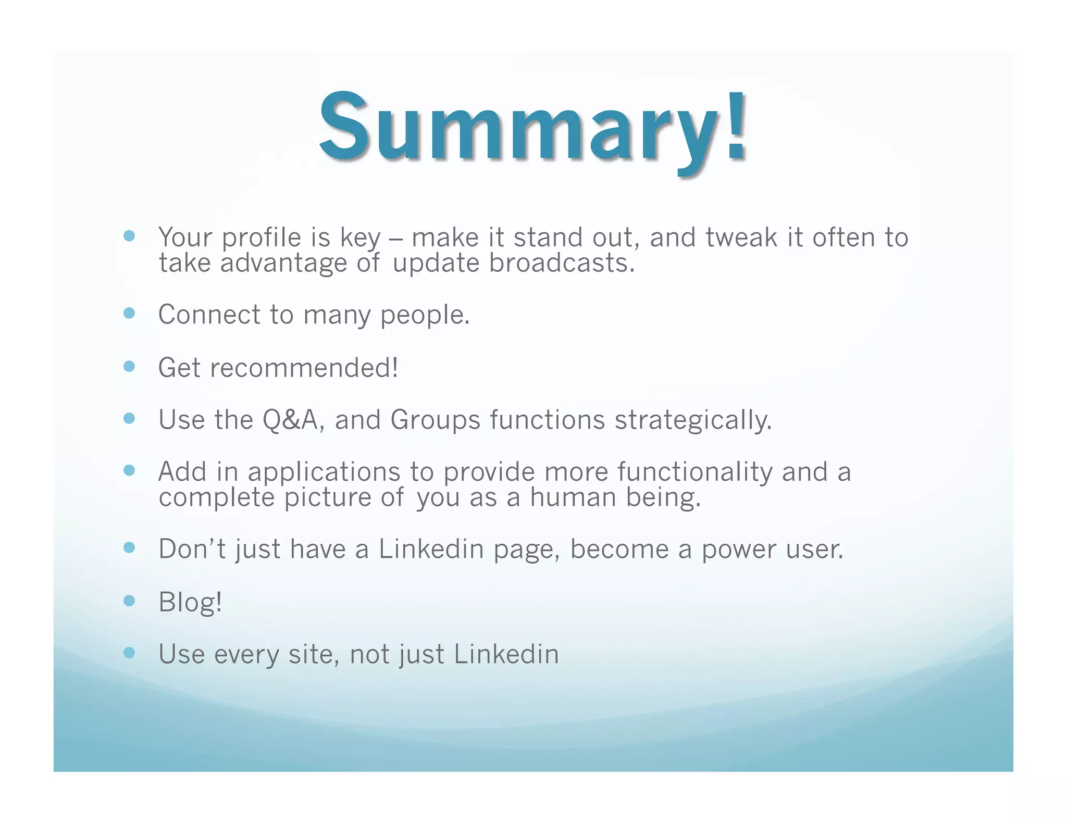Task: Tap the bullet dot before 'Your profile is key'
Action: coord(129,236)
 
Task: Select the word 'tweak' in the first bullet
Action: coord(741,238)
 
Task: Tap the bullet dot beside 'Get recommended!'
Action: coord(129,366)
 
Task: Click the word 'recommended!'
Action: coord(304,368)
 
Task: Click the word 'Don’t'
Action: coord(192,549)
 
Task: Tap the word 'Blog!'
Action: coord(190,603)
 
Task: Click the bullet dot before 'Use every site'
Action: coord(129,653)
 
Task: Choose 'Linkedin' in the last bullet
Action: coord(506,654)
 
